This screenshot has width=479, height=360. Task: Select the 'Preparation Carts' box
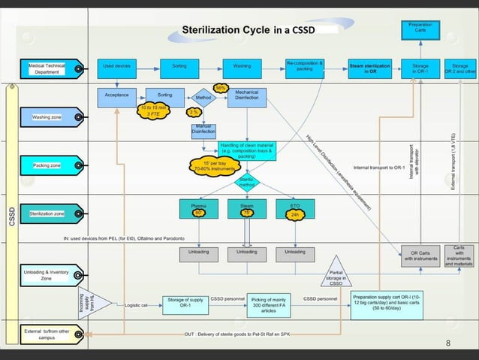pyautogui.click(x=420, y=28)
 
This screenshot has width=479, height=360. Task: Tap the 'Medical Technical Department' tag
pyautogui.click(x=47, y=69)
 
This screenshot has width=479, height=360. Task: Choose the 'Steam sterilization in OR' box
pyautogui.click(x=369, y=69)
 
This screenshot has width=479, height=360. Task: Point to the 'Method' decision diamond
pyautogui.click(x=203, y=98)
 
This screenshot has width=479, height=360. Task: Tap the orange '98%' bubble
pyautogui.click(x=221, y=87)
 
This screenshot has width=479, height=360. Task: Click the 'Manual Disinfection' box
pyautogui.click(x=203, y=130)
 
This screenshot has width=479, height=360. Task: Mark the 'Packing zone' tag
pyautogui.click(x=47, y=165)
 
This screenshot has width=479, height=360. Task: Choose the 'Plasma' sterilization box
pyautogui.click(x=199, y=208)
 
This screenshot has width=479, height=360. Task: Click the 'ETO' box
pyautogui.click(x=294, y=208)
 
